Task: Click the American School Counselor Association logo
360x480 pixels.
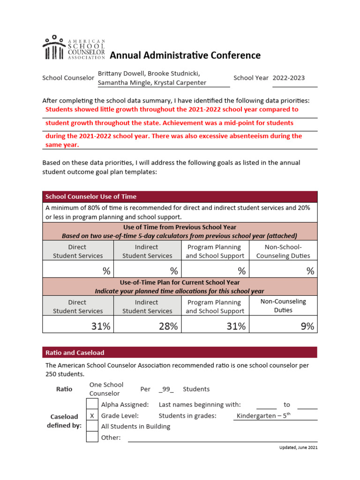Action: point(74,48)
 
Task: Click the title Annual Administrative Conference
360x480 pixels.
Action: point(185,55)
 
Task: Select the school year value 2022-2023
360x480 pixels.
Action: point(288,78)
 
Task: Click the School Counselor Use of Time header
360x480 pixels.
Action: point(90,196)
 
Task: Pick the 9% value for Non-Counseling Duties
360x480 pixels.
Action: point(307,327)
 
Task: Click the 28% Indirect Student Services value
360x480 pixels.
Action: point(168,327)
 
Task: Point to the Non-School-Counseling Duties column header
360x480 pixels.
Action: point(283,251)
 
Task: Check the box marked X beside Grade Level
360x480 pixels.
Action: point(92,416)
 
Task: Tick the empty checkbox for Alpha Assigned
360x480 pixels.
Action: point(92,405)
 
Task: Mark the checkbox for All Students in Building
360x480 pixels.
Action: point(92,427)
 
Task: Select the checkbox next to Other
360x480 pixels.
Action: point(92,437)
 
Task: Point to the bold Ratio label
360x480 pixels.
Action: point(64,389)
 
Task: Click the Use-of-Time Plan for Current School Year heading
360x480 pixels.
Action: point(180,283)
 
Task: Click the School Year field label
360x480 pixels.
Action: point(251,78)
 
